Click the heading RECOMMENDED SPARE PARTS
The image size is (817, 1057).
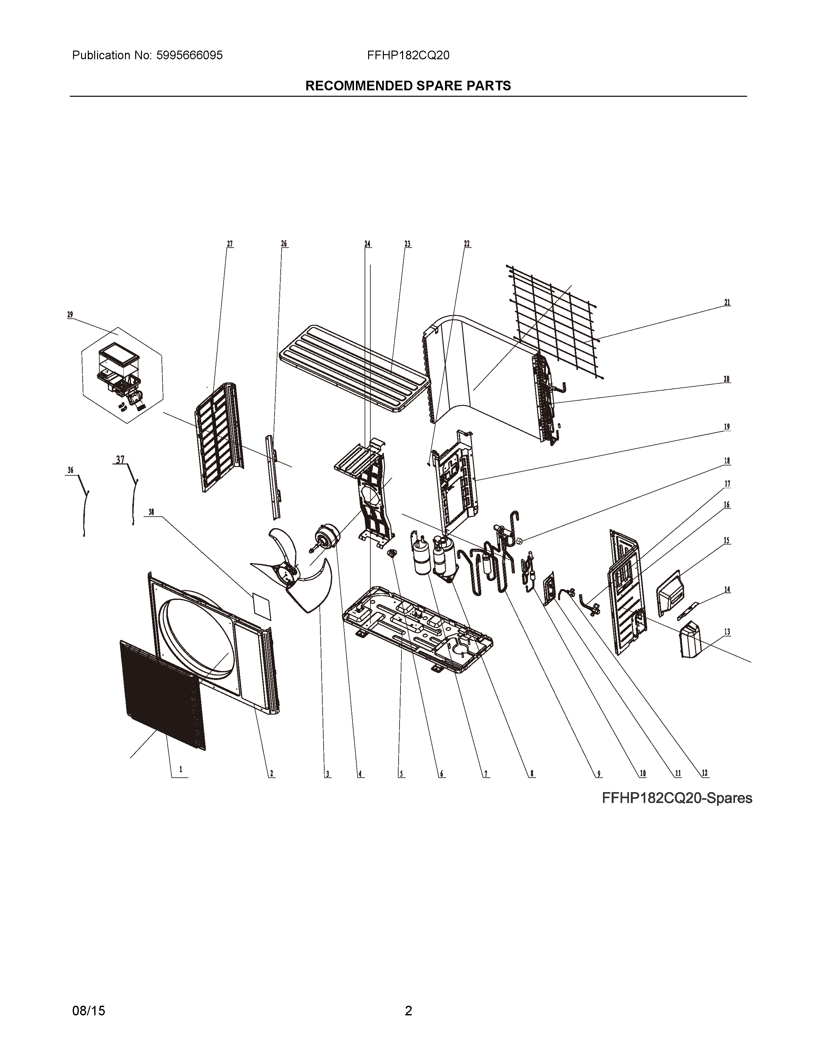click(408, 86)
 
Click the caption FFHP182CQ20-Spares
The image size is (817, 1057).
click(677, 798)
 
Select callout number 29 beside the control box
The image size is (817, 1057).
click(70, 315)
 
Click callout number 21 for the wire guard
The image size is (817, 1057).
click(727, 302)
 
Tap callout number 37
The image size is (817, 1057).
click(120, 459)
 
